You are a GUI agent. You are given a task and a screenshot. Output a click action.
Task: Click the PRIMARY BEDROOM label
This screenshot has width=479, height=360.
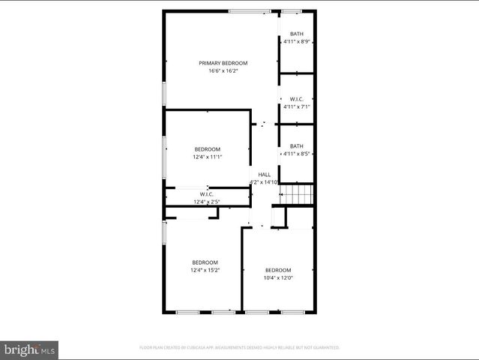click(223, 63)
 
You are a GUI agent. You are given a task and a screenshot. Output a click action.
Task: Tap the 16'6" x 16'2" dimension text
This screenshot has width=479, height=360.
click(223, 71)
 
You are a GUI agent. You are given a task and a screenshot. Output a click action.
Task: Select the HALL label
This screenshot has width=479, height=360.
click(265, 175)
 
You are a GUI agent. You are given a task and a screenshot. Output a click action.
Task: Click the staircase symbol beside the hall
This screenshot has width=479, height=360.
click(296, 196)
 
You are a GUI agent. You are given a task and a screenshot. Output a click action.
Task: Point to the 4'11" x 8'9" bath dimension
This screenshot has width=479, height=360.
click(297, 42)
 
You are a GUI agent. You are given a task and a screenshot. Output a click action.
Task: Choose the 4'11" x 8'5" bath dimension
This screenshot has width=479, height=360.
click(297, 154)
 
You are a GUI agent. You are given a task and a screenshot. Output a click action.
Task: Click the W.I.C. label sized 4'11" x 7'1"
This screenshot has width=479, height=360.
click(297, 98)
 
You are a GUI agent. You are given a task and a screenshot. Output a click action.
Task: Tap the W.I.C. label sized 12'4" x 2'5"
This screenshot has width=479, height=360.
click(207, 194)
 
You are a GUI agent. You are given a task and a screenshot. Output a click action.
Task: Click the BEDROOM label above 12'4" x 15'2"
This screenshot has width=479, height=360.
click(205, 262)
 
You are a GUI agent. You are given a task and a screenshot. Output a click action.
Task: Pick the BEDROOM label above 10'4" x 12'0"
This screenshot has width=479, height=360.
click(278, 270)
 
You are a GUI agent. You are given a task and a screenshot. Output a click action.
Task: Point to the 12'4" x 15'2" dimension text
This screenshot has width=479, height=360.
click(205, 270)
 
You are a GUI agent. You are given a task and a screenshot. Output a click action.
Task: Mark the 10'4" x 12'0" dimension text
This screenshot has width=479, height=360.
click(278, 277)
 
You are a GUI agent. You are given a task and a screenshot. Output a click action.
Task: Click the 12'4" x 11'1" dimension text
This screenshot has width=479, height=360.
click(208, 157)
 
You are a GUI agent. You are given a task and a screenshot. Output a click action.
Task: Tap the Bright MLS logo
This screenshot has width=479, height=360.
click(30, 349)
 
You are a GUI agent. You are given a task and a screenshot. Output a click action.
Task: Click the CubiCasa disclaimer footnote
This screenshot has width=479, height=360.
click(240, 348)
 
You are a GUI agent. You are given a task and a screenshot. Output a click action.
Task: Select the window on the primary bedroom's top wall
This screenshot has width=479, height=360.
click(250, 10)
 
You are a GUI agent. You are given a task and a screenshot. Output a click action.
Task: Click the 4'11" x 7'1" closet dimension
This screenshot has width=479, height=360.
click(297, 106)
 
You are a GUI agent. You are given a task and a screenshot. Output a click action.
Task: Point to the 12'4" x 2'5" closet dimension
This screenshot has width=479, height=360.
click(207, 202)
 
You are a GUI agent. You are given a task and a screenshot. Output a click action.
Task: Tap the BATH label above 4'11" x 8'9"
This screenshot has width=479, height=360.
click(297, 34)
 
